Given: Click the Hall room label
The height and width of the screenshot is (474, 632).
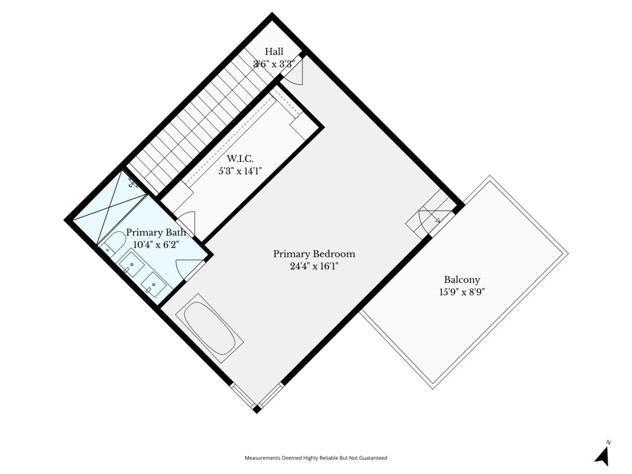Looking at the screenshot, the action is pos(274,51).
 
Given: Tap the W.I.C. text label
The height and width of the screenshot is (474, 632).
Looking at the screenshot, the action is pos(240,159).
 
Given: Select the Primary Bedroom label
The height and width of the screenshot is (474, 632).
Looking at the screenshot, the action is pos(314,254).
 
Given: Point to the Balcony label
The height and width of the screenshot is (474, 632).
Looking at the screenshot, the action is pos(462,280).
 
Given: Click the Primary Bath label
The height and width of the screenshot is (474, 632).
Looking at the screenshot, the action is pos(156,232).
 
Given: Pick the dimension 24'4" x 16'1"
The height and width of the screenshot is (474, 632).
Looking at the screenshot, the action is pos(314,266).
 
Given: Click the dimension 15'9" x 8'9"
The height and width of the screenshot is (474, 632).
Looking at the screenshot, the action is pos(462,292).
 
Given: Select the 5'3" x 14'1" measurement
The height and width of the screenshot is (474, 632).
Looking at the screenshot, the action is pos(240,171).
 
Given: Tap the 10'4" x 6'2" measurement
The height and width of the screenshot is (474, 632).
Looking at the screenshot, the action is pos(156,244).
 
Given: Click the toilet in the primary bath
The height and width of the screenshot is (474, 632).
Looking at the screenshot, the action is pos(113,242).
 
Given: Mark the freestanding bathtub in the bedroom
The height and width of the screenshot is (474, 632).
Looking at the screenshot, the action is pos(209,328).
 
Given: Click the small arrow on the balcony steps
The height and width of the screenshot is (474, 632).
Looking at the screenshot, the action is pos(437,220).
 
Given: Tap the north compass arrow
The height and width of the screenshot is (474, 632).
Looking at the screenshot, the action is pos(602,457).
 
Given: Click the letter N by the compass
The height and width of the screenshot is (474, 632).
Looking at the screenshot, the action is pos(609,442).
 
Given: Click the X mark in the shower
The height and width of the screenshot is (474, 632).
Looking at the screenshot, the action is pos(109,208).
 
